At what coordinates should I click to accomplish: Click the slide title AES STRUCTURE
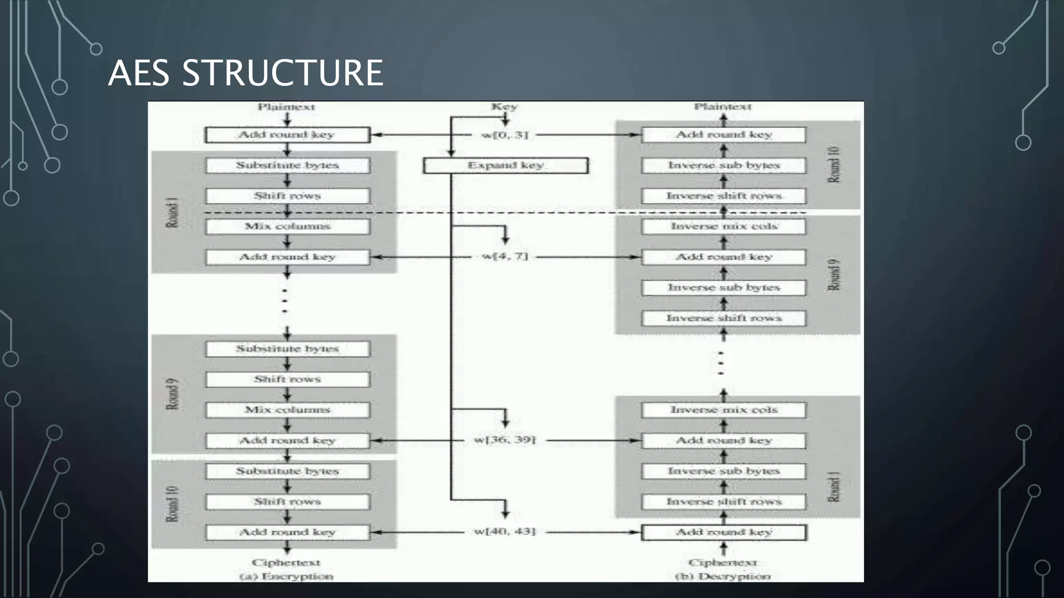coord(245,73)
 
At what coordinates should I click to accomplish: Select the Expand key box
coord(506,166)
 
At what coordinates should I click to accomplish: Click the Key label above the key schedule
coord(504,106)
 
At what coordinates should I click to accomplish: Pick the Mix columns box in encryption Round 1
coord(287,226)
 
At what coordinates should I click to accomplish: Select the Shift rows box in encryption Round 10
coord(287,501)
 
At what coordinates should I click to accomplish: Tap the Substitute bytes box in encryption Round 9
coord(287,349)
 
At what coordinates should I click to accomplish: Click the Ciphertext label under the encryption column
coord(286,562)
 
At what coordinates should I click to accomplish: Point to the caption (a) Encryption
coord(286,576)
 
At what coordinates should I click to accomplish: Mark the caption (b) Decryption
coord(723,576)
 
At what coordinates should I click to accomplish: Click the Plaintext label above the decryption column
coord(723,106)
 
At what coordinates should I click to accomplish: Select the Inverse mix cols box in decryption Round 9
coord(724,226)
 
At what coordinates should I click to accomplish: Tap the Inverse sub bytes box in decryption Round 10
coord(724,166)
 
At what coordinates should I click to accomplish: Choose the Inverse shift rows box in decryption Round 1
coord(724,501)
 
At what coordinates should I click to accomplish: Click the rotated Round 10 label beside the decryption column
coord(833,165)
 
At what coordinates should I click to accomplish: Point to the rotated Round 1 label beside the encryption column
coord(172,212)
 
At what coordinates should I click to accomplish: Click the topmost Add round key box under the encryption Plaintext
coord(287,135)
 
